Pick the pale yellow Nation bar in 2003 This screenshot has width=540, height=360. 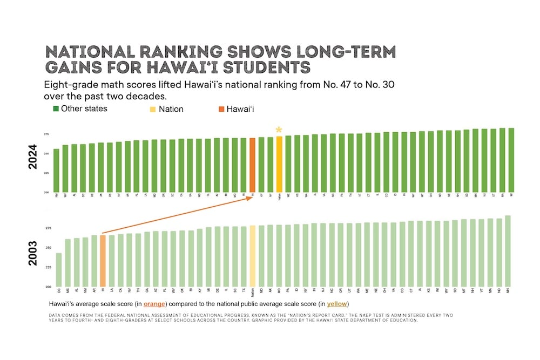coord(252,256)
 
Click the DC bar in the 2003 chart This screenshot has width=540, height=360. coord(58,269)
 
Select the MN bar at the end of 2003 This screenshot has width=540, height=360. coord(508,251)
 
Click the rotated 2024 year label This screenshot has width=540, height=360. coord(32,157)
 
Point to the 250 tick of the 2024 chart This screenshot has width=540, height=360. coord(47,153)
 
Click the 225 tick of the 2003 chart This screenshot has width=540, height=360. coord(47,267)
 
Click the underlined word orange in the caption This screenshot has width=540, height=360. coord(154,304)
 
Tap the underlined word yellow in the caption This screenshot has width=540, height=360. coord(337,304)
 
